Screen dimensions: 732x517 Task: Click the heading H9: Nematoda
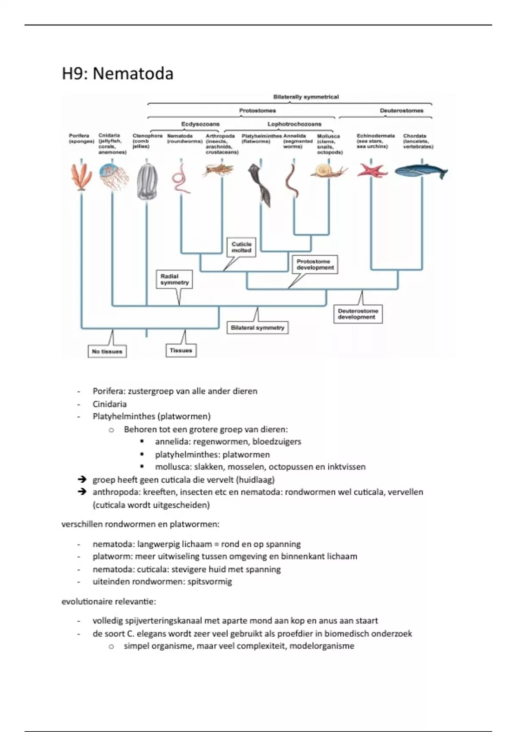click(118, 74)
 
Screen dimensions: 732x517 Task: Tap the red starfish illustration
click(372, 170)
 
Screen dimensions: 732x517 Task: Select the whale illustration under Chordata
click(421, 172)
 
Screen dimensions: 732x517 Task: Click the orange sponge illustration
click(81, 177)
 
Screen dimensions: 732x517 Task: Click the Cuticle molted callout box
click(241, 247)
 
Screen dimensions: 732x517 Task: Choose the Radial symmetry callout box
click(174, 279)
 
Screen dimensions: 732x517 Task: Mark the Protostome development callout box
click(315, 264)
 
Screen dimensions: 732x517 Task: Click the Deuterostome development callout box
click(358, 314)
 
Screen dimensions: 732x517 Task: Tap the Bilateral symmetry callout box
click(258, 328)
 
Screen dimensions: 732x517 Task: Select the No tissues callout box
click(107, 351)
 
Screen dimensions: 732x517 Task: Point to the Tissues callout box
click(181, 350)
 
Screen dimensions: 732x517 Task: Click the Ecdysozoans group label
click(200, 124)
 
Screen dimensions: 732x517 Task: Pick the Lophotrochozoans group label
click(294, 124)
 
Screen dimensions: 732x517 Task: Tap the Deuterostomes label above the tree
click(401, 111)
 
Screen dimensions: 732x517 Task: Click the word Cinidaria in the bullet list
click(109, 404)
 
